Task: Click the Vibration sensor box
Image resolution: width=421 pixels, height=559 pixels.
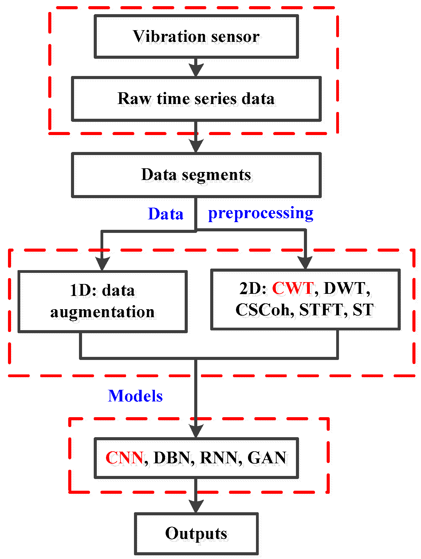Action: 196,36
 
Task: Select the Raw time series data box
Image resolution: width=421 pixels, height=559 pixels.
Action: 196,99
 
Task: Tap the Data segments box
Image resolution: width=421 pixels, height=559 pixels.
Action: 196,175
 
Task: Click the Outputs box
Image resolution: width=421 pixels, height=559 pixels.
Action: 196,533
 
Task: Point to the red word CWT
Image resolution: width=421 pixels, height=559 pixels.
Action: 293,289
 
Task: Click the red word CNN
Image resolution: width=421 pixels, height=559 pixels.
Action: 124,458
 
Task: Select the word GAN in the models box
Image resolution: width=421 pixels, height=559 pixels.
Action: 267,458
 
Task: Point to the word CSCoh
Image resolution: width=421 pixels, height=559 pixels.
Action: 263,310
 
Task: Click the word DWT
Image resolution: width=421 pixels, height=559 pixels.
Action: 345,289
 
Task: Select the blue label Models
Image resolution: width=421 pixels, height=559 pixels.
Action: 135,396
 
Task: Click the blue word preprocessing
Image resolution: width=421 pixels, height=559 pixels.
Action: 261,214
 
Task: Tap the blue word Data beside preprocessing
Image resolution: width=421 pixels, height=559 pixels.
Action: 166,214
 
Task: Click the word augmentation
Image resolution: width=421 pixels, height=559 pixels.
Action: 102,312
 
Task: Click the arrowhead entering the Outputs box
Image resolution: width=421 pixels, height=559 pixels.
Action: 196,506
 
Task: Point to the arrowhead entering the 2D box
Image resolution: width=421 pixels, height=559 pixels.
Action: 305,262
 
